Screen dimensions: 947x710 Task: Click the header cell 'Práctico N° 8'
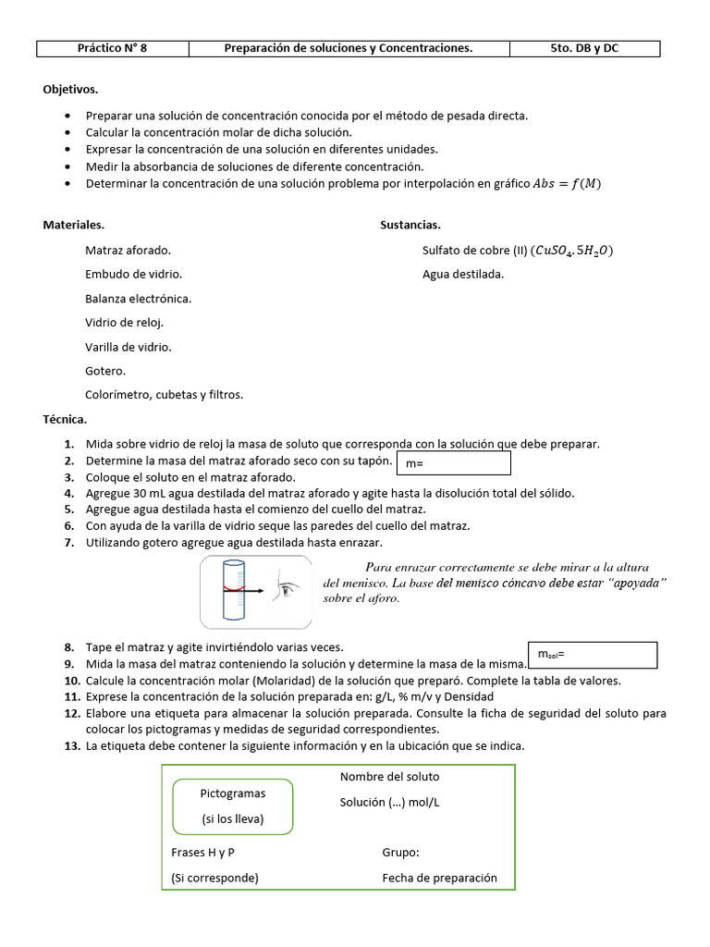112,48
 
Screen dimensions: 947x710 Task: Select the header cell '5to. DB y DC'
584,48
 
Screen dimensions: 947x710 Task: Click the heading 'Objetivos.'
70,90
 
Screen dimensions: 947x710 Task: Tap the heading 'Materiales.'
74,225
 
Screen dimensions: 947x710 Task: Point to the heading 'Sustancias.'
410,225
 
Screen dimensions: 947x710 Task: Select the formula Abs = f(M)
567,183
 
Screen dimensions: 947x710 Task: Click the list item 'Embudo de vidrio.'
133,274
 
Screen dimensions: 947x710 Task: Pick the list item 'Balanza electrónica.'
138,298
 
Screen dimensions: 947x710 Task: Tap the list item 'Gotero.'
105,370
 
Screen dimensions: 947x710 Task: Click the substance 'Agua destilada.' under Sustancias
463,274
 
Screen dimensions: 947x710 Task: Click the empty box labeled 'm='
452,462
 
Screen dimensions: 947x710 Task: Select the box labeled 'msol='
592,655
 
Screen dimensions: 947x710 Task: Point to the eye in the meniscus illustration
290,589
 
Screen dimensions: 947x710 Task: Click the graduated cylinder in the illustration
235,591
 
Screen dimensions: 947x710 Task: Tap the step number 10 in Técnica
72,681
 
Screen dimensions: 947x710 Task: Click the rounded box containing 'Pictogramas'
233,806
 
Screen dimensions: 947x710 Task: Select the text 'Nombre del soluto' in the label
389,777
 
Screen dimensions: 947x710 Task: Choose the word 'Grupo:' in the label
400,853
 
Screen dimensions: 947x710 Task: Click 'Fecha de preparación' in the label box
439,878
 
